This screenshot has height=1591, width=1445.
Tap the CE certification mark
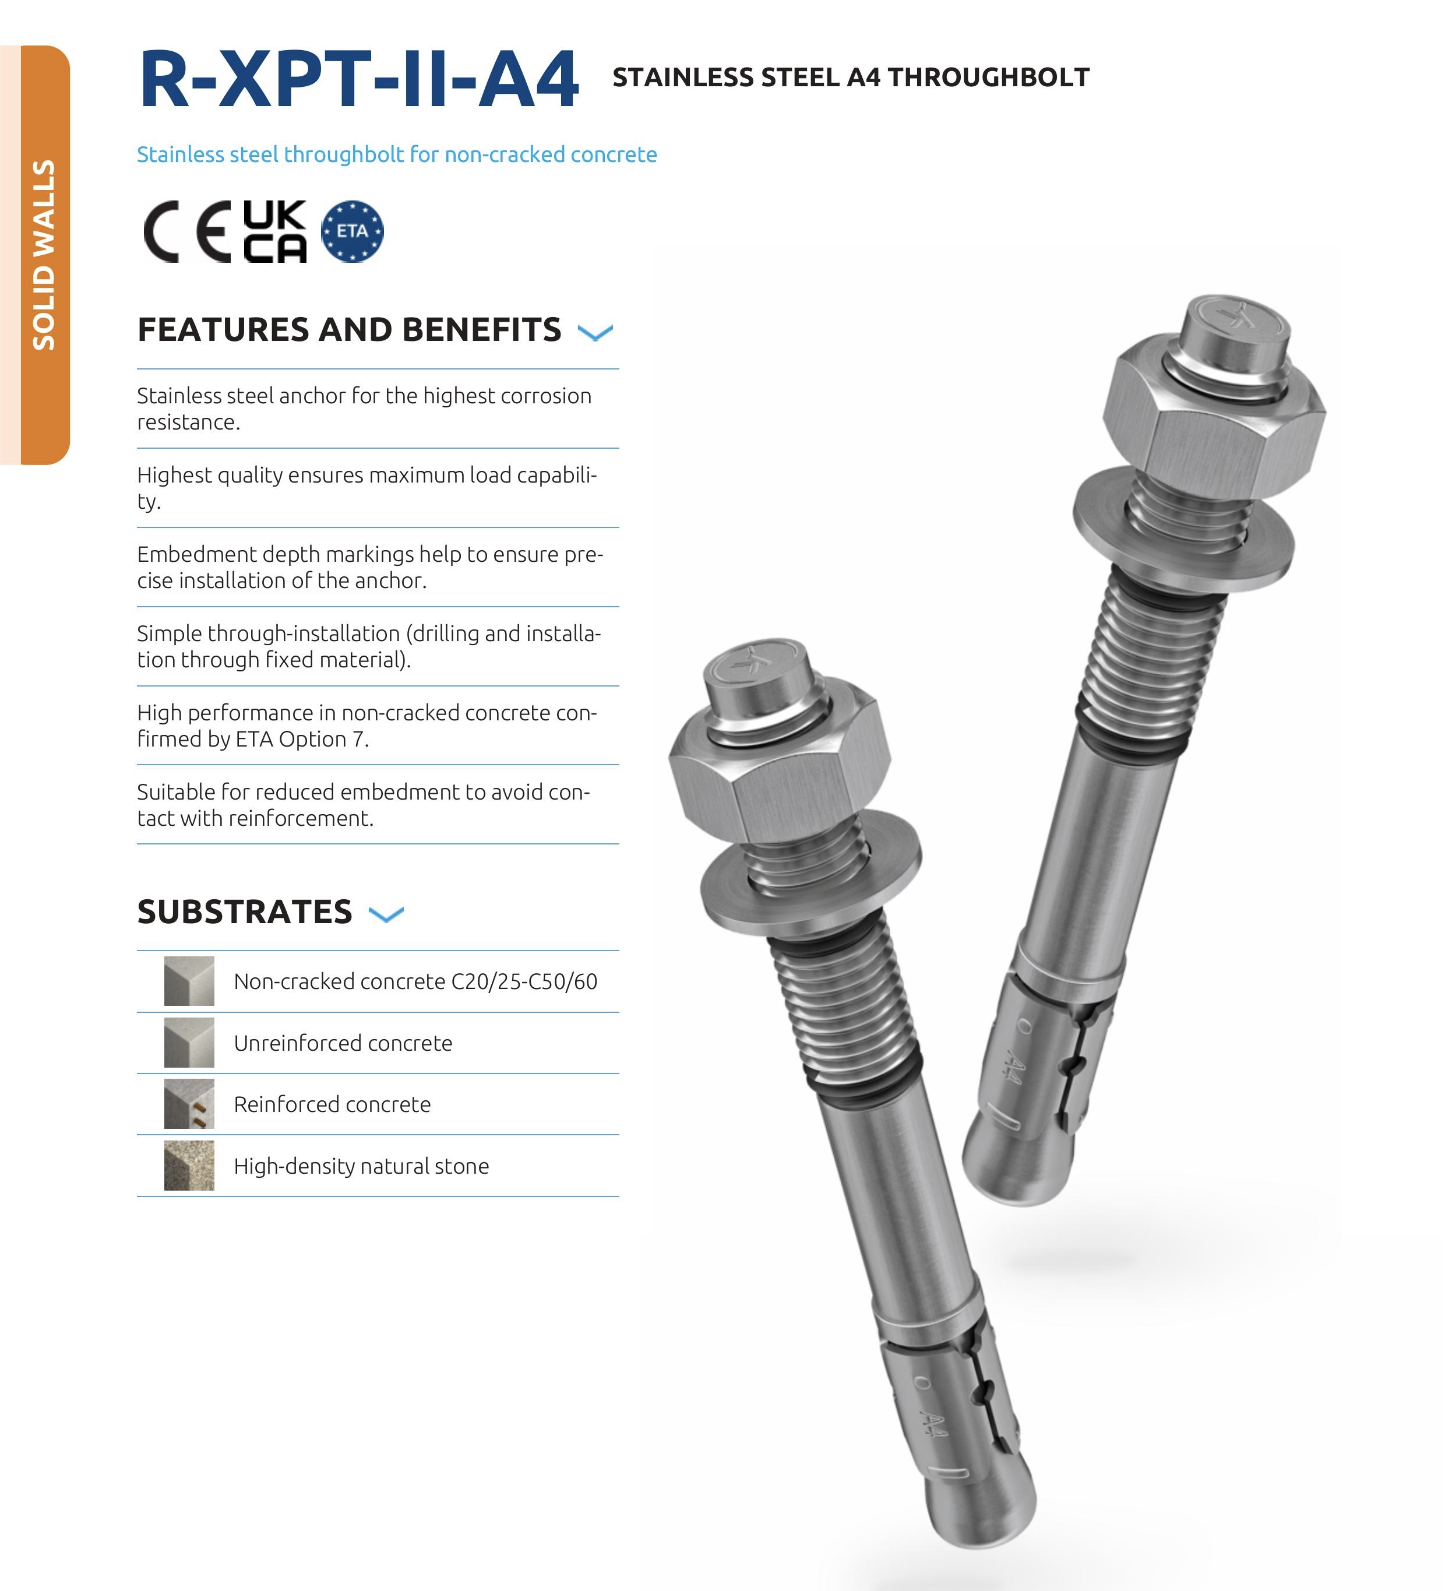click(x=187, y=231)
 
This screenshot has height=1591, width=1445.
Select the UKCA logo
click(x=274, y=231)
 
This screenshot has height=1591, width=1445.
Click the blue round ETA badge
click(x=352, y=231)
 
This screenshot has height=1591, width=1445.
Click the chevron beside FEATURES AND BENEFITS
click(x=595, y=332)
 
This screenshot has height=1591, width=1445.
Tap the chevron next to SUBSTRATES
click(x=386, y=914)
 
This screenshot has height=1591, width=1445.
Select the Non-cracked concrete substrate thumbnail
click(x=189, y=981)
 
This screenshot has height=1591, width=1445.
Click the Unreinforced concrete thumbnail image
click(x=189, y=1043)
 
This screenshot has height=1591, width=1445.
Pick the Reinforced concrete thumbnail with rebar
click(x=189, y=1104)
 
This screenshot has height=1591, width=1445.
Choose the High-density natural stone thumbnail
click(x=189, y=1166)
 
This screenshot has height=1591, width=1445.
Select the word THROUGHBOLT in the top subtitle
click(x=989, y=78)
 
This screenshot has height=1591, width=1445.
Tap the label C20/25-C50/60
click(x=524, y=982)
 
